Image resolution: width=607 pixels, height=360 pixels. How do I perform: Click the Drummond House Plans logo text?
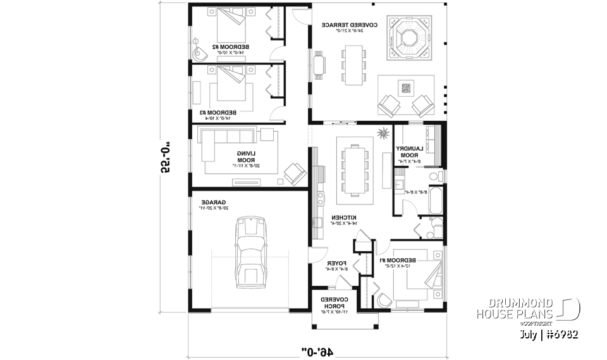pyautogui.click(x=515, y=309)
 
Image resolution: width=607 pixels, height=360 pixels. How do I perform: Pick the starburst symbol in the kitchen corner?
pyautogui.click(x=382, y=133)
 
